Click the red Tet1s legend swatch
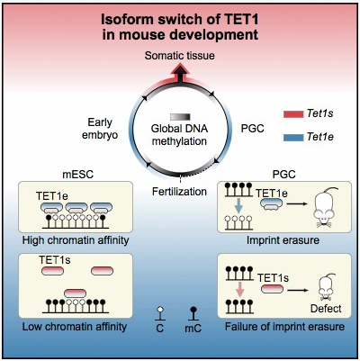293,114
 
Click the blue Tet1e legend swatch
293,138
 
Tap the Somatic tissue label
179,56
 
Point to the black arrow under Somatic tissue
180,74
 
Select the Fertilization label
179,191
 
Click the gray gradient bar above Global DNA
180,117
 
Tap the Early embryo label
100,129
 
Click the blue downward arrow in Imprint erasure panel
238,205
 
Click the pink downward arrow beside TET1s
239,289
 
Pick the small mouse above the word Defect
326,287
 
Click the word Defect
326,309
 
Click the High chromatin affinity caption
76,240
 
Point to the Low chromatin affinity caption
75,327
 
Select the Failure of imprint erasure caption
284,327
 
